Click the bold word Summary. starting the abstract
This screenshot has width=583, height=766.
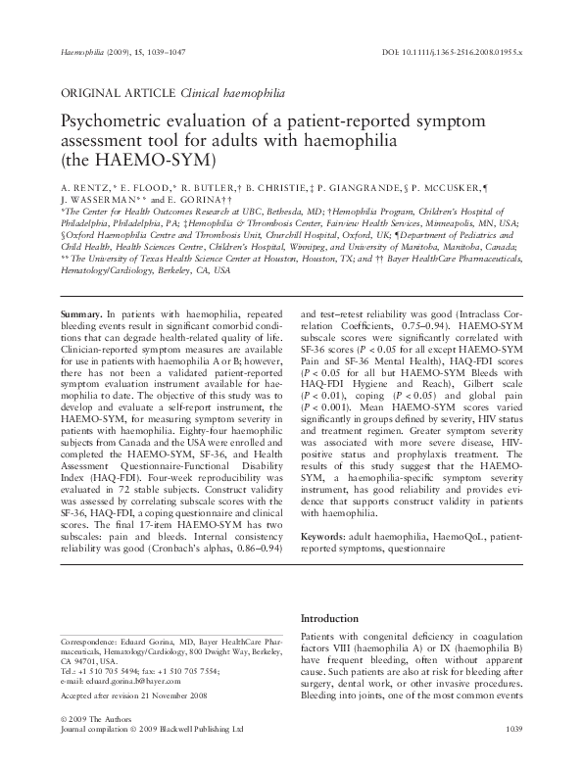coord(83,283)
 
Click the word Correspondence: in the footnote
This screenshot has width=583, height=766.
coord(92,639)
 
